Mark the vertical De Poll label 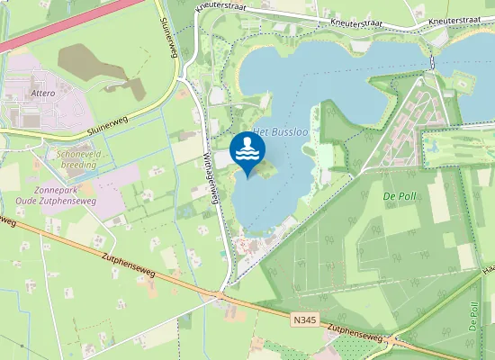[x=473, y=316]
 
